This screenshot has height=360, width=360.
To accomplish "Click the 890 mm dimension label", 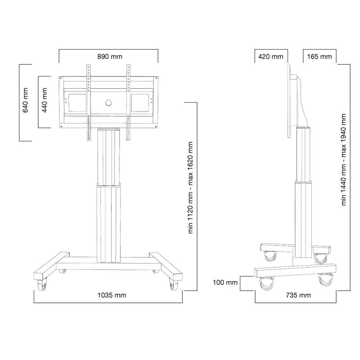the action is coord(110,57).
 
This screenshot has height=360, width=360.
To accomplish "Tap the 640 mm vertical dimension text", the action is coord(25,100).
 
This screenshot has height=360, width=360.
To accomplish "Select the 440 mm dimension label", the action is coord(44,100).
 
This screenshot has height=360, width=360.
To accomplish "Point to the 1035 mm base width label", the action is coord(112,295).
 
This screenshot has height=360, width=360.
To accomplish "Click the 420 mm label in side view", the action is coord(271,57).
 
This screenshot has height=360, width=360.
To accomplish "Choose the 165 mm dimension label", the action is coord(319,57).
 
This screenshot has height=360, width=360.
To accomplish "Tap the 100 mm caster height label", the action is coord(225,282).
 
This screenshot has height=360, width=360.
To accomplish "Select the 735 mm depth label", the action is coord(298,295).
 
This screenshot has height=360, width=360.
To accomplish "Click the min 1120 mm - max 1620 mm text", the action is coord(190,188).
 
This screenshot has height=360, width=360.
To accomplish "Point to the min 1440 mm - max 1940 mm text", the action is coord(343,160).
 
